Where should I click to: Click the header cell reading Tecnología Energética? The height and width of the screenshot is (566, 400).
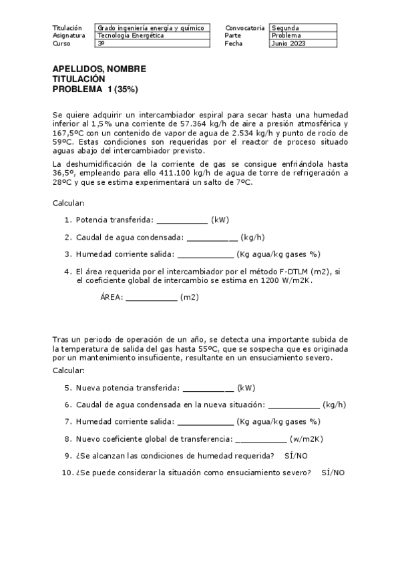click(130, 35)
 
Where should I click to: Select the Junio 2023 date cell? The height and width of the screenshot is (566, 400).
click(288, 43)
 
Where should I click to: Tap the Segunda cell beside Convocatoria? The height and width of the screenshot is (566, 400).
click(285, 28)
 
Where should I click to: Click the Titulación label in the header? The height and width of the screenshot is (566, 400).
click(67, 28)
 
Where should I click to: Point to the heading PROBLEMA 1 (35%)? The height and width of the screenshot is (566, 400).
click(95, 89)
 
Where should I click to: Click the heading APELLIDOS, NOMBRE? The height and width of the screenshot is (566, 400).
click(99, 69)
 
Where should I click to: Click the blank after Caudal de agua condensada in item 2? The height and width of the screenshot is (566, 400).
click(212, 238)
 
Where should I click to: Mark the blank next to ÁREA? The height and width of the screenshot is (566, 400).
click(151, 298)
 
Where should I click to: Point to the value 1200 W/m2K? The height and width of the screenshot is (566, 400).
click(284, 281)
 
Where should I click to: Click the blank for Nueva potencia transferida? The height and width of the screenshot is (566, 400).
click(208, 388)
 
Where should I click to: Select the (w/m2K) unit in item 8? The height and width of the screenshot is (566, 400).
click(306, 439)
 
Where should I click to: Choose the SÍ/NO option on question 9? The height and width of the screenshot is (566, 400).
click(296, 456)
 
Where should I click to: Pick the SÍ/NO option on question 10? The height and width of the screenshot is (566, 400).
click(333, 473)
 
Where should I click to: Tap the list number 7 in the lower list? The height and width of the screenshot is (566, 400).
click(67, 422)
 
